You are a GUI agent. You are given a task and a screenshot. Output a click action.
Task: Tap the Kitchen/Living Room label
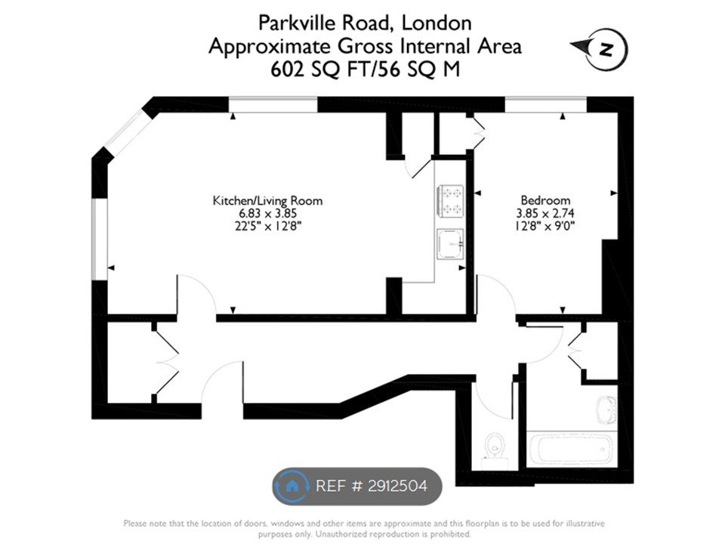click(267, 201)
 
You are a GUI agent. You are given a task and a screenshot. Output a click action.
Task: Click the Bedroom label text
click(545, 200)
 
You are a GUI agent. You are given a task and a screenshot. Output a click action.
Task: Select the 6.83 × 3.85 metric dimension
click(267, 213)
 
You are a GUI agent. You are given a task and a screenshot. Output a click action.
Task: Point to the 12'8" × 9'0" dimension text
click(545, 226)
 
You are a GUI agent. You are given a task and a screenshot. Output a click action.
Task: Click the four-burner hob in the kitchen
click(450, 201)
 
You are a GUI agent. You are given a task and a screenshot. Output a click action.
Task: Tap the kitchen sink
click(450, 243)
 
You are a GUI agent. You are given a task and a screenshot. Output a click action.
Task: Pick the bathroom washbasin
click(606, 410)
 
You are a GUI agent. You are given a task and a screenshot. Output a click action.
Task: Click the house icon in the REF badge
click(292, 486)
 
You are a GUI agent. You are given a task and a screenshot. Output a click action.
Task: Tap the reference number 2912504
click(397, 486)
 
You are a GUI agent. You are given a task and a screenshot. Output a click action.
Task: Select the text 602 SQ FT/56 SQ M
click(366, 70)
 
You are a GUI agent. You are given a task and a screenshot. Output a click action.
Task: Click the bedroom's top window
click(545, 104)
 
